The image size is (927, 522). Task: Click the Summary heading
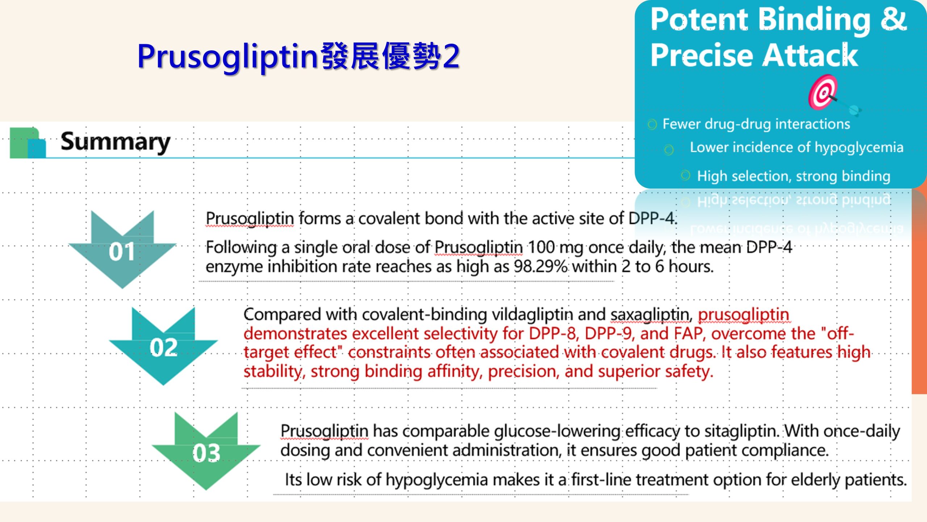pos(116,142)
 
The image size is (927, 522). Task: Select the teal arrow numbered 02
pos(163,346)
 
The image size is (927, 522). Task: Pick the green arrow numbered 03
pos(206,451)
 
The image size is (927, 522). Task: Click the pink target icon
pos(823,92)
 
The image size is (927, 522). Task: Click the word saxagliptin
pos(651,315)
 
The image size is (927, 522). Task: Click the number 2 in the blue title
pos(451,56)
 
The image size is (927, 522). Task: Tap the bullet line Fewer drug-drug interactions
pos(756,124)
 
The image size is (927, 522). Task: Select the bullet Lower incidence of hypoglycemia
pos(796,148)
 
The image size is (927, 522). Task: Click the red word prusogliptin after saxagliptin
pos(743,315)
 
